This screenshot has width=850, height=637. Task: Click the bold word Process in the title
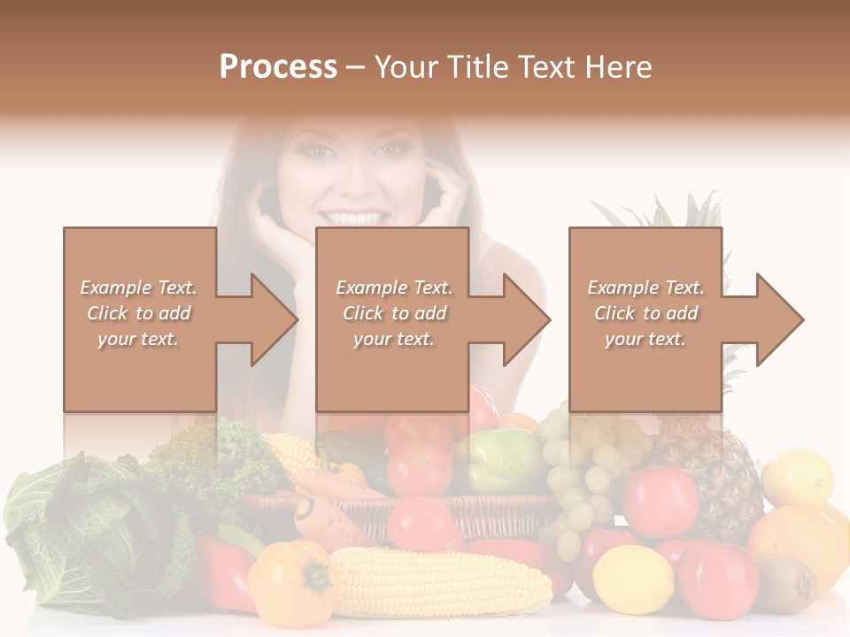(278, 67)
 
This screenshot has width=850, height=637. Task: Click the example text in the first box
(138, 313)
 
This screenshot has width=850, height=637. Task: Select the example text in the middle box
(393, 313)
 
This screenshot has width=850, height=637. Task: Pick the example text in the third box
(645, 313)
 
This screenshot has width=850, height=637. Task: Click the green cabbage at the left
(62, 531)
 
